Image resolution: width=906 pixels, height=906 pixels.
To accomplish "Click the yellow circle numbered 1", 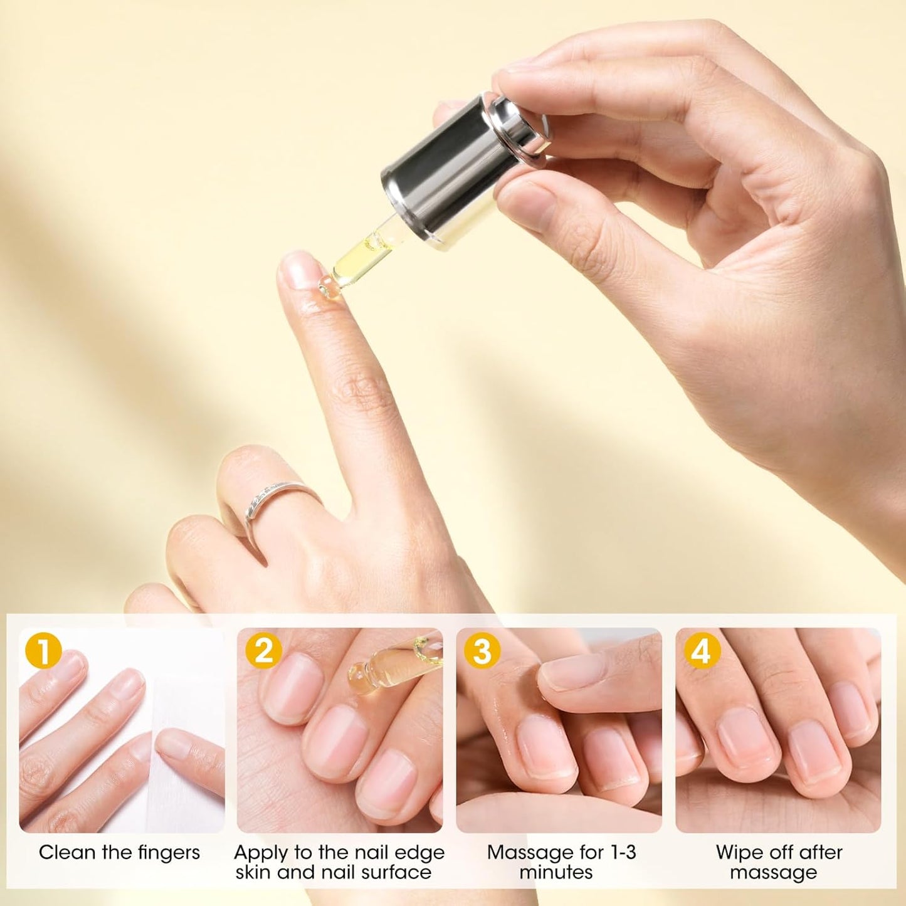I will tap(43, 650).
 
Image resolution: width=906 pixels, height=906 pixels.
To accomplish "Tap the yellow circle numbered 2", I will tap(263, 650).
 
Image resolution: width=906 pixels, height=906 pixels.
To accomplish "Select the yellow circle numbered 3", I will tap(482, 650).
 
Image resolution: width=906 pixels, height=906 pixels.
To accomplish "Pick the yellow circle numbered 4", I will tap(701, 650).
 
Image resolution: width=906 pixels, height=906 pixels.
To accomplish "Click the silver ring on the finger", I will tap(276, 498).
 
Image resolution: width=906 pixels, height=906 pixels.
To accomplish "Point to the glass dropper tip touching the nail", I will tap(328, 287).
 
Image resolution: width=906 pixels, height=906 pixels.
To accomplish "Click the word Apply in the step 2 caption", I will tap(261, 853).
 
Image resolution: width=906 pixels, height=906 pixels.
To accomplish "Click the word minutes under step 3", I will tap(556, 872).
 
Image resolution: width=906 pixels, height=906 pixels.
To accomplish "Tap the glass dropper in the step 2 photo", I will tap(389, 665).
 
